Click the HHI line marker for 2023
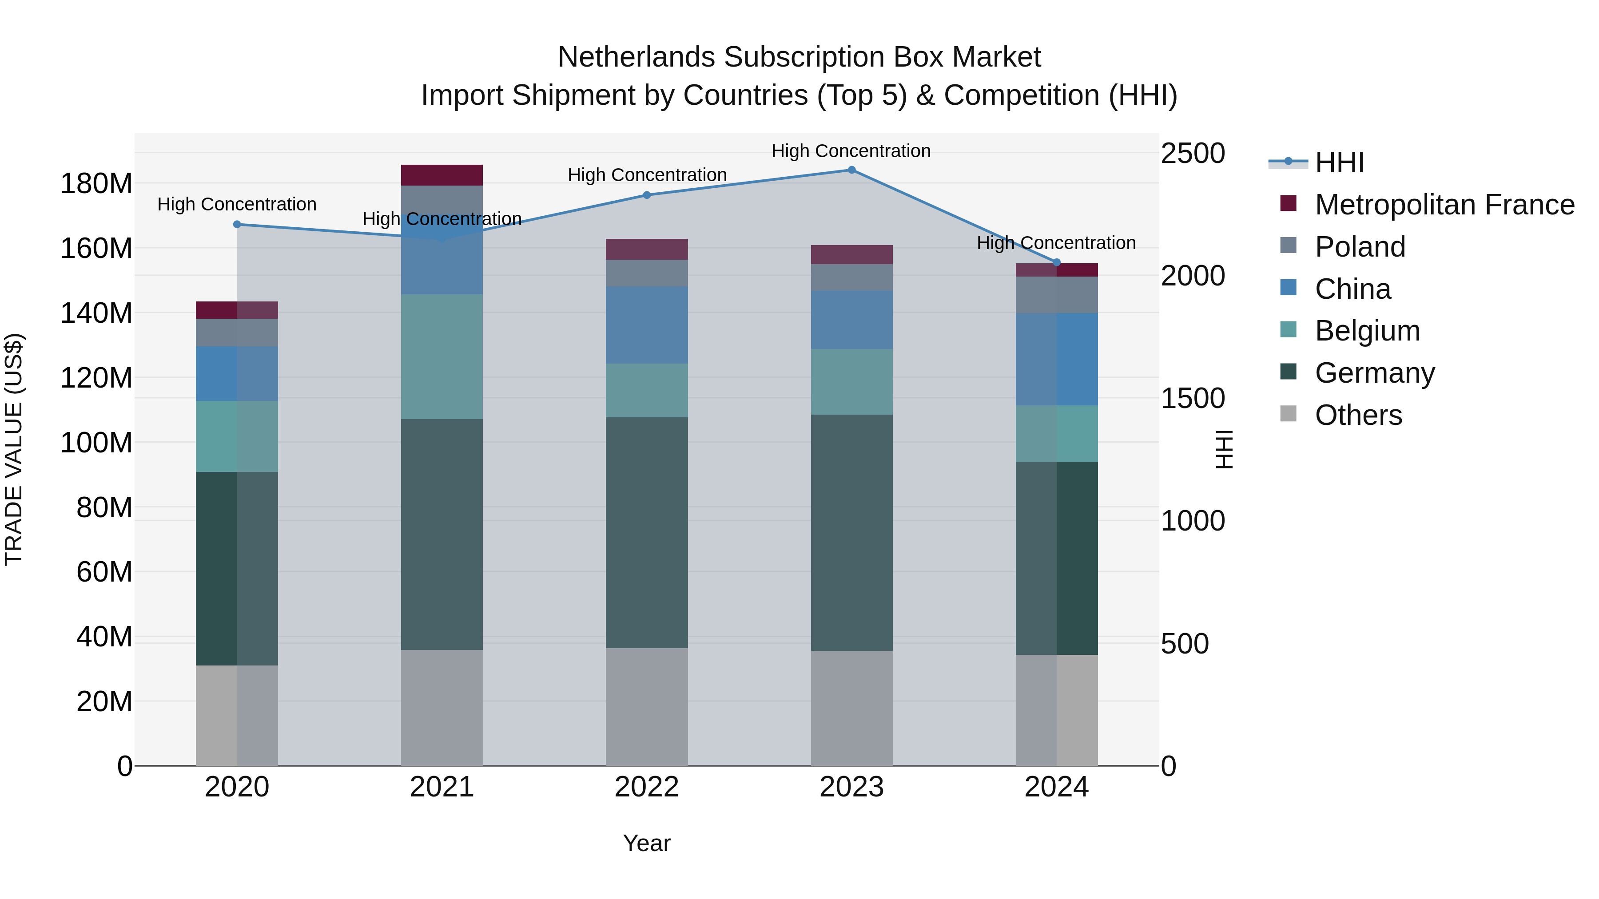point(851,170)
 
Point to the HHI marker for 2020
point(237,225)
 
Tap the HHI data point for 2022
point(647,195)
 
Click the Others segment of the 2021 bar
point(442,707)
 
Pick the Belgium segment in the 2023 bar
point(851,381)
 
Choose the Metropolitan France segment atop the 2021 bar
point(442,175)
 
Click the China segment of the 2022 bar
point(647,325)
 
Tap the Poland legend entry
point(1360,247)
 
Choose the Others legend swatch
point(1288,414)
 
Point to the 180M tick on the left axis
point(96,184)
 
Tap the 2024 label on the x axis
point(1057,787)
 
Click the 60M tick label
point(104,571)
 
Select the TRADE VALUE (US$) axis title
point(14,449)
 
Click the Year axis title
point(647,843)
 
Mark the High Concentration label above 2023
point(851,151)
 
